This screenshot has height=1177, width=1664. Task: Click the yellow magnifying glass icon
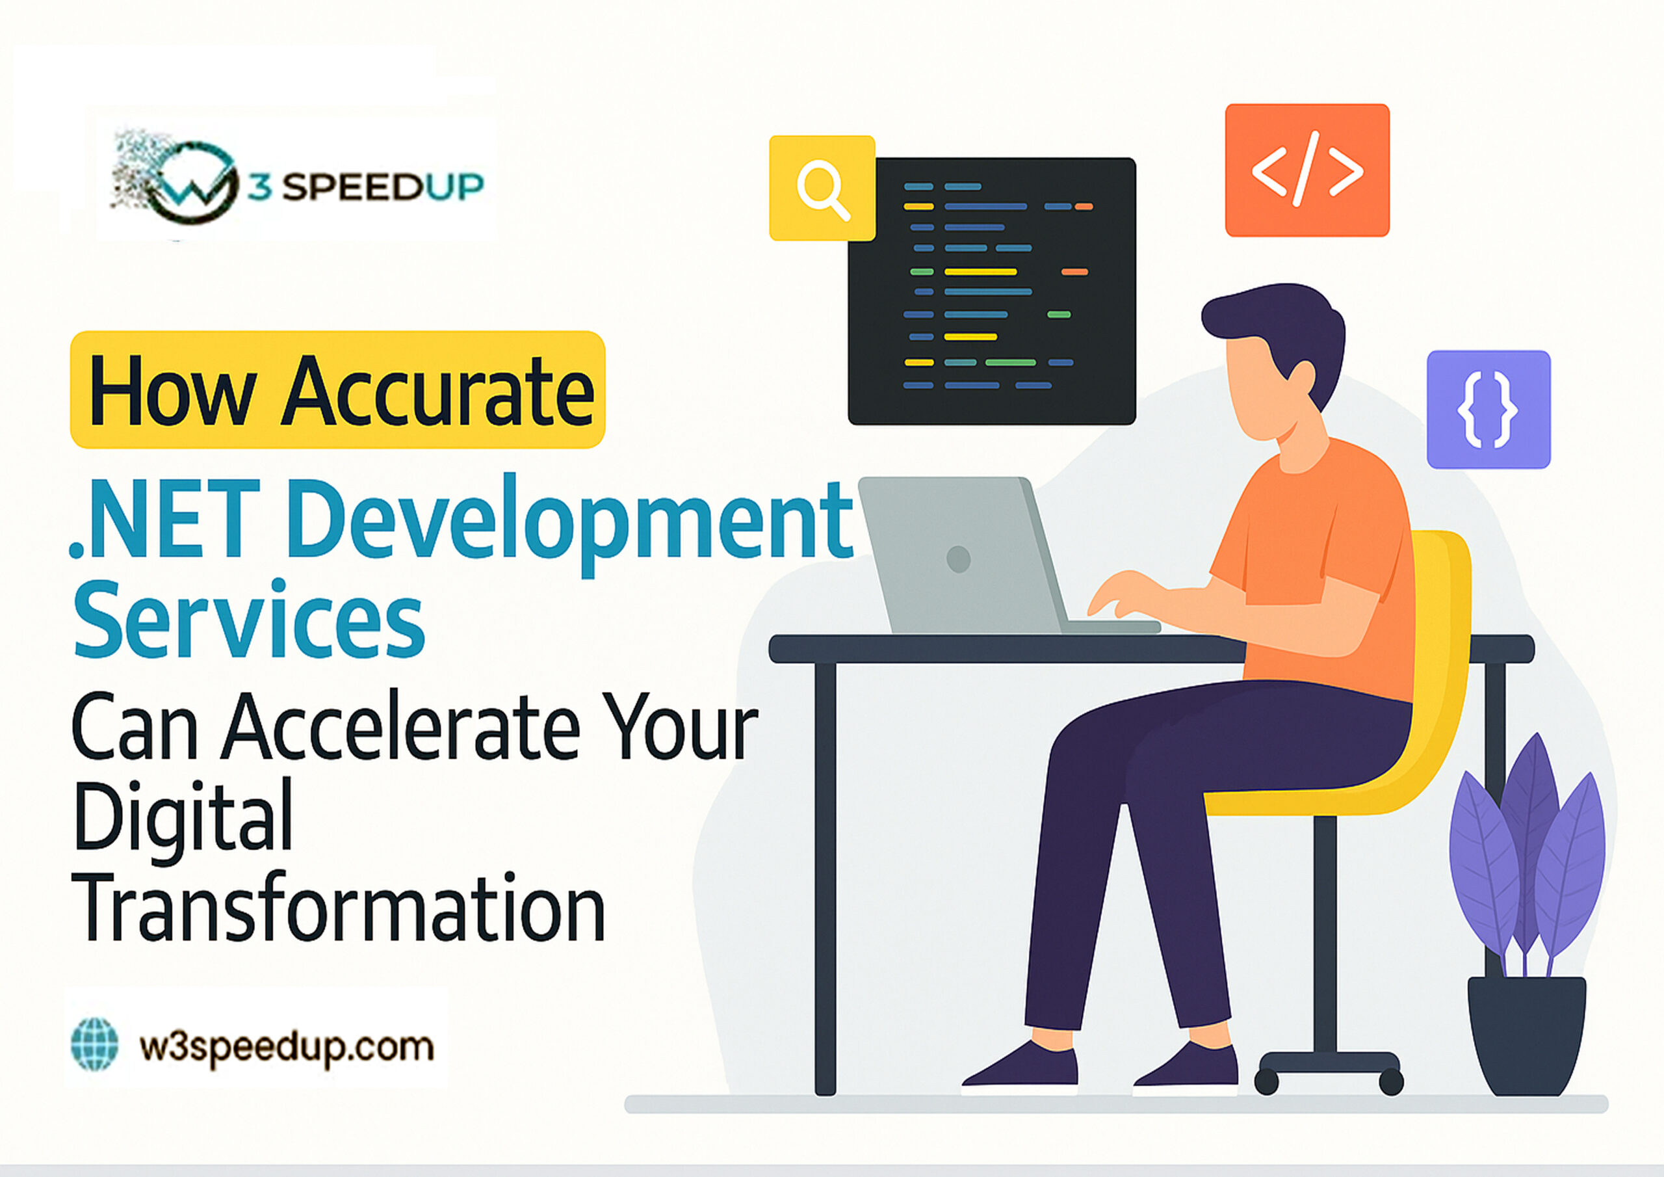pos(822,188)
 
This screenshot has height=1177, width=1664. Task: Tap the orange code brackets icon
pos(1306,170)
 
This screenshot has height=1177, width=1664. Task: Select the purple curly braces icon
pos(1488,409)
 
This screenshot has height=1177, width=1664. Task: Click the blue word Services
pos(248,620)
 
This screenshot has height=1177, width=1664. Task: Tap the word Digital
pos(183,816)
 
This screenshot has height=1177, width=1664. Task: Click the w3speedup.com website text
pos(286,1047)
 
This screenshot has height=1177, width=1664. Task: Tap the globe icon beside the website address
pos(95,1044)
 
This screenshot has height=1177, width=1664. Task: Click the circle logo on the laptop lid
pos(958,559)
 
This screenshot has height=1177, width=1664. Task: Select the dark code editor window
pos(991,290)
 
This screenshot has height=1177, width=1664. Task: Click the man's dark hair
pos(1283,319)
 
